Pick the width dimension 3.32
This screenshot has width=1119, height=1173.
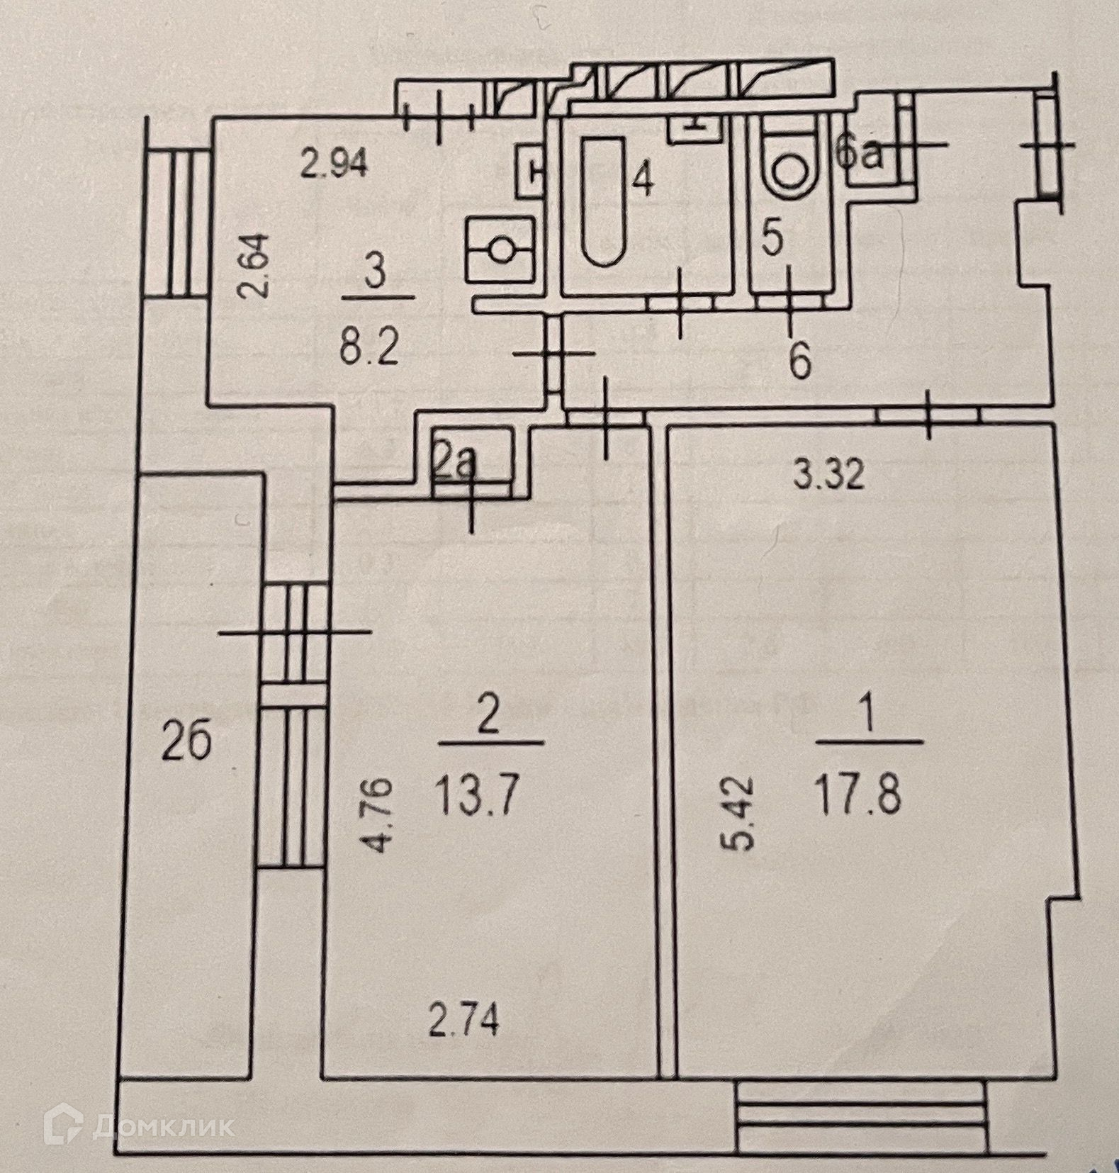[x=828, y=475]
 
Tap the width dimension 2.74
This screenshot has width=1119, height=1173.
[x=465, y=1021]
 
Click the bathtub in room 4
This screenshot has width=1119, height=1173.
[x=603, y=201]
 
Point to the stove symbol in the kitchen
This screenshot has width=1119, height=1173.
[x=500, y=249]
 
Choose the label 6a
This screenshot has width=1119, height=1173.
[x=860, y=154]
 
